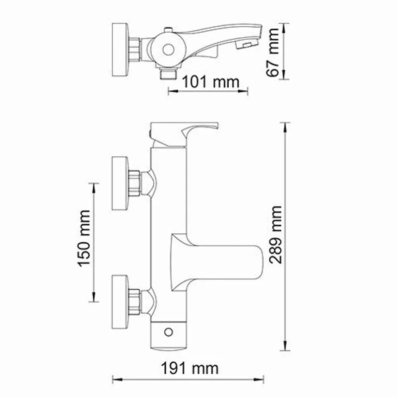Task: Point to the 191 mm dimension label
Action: point(189,368)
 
